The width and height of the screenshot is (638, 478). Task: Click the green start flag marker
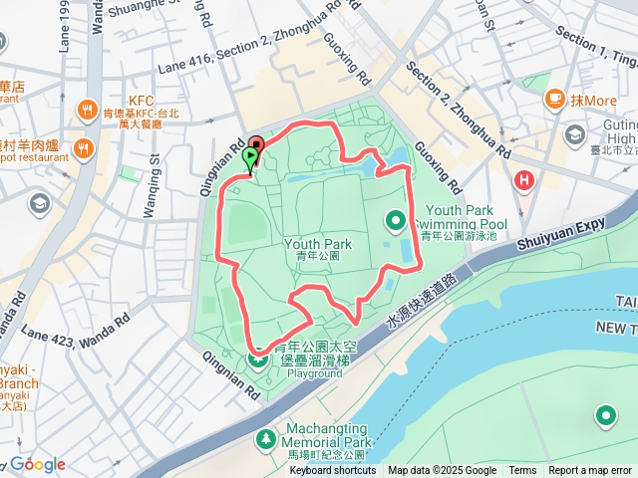click(x=249, y=157)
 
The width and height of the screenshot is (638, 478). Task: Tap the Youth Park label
click(x=318, y=244)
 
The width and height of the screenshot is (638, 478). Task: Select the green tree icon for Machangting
click(x=265, y=438)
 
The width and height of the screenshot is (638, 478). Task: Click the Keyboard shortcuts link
click(x=332, y=471)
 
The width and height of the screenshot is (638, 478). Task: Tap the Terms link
click(x=522, y=471)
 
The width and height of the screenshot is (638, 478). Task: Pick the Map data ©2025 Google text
click(x=442, y=471)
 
